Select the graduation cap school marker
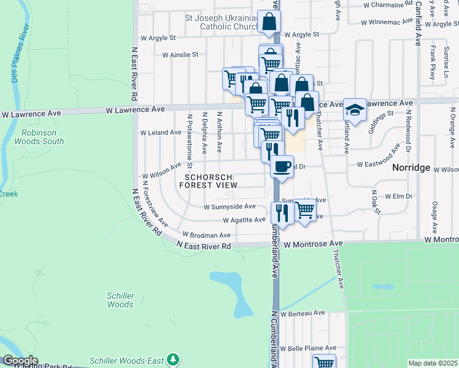coord(355,109)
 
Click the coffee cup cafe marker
coord(282,166)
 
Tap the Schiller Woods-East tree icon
coord(174,359)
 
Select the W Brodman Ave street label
coord(207,235)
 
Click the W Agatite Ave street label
coord(244,220)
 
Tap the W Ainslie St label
coord(180,55)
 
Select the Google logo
coord(20,361)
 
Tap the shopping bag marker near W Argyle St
coord(269,22)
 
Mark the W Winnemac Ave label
coord(384,22)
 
